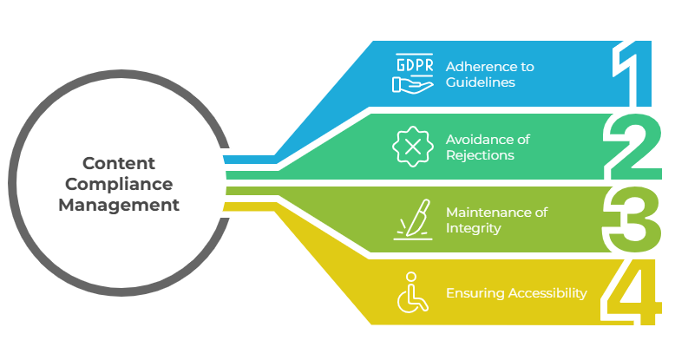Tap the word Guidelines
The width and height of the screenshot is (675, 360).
481,82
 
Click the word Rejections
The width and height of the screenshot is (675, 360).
480,155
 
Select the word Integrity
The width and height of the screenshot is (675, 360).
473,228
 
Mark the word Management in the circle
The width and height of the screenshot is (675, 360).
119,206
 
